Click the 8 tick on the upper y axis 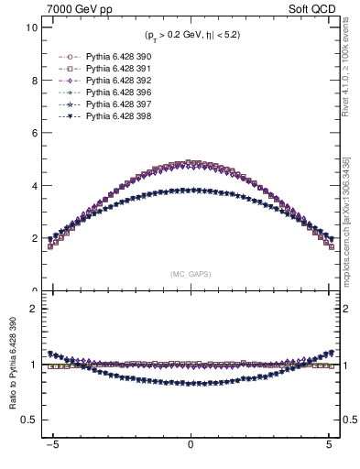(x=34, y=80)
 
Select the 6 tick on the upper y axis (x=34, y=133)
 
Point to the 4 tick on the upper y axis (x=34, y=186)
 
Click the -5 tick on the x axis (x=52, y=449)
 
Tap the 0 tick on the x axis (x=190, y=449)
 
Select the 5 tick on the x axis (x=328, y=449)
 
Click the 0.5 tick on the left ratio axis (x=29, y=420)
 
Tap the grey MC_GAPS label (x=190, y=274)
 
